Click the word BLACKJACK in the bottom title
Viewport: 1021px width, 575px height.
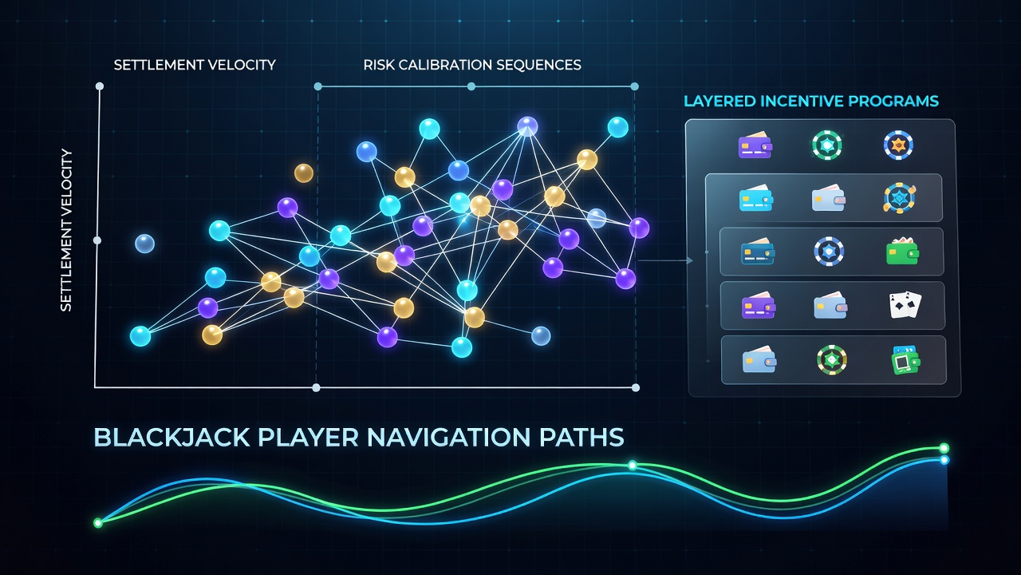pos(172,437)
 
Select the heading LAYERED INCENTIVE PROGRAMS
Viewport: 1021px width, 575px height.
pos(811,101)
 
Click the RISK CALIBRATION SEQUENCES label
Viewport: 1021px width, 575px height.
pos(472,65)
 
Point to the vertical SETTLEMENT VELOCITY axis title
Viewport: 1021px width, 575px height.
pos(66,231)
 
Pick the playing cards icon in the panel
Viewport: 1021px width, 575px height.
pos(905,305)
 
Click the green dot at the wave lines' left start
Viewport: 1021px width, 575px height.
pos(98,522)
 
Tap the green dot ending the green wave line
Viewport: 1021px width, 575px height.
pos(944,448)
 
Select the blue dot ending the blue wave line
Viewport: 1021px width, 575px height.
pos(944,459)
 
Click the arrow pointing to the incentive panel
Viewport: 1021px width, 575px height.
pos(665,260)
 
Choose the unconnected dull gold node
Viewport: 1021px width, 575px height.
pos(304,173)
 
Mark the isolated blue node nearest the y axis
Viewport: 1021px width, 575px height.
pos(145,244)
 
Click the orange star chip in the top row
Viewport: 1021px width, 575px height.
pos(898,145)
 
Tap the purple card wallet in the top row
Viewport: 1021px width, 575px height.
pos(755,145)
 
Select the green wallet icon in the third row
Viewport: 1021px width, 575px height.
pos(902,252)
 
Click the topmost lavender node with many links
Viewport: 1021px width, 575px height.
pos(527,126)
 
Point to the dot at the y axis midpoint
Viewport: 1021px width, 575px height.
pos(97,240)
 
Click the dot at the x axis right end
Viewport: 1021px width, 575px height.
pos(636,388)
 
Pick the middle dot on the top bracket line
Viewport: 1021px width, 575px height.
pos(471,86)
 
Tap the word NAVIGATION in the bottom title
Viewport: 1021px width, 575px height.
pos(448,437)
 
